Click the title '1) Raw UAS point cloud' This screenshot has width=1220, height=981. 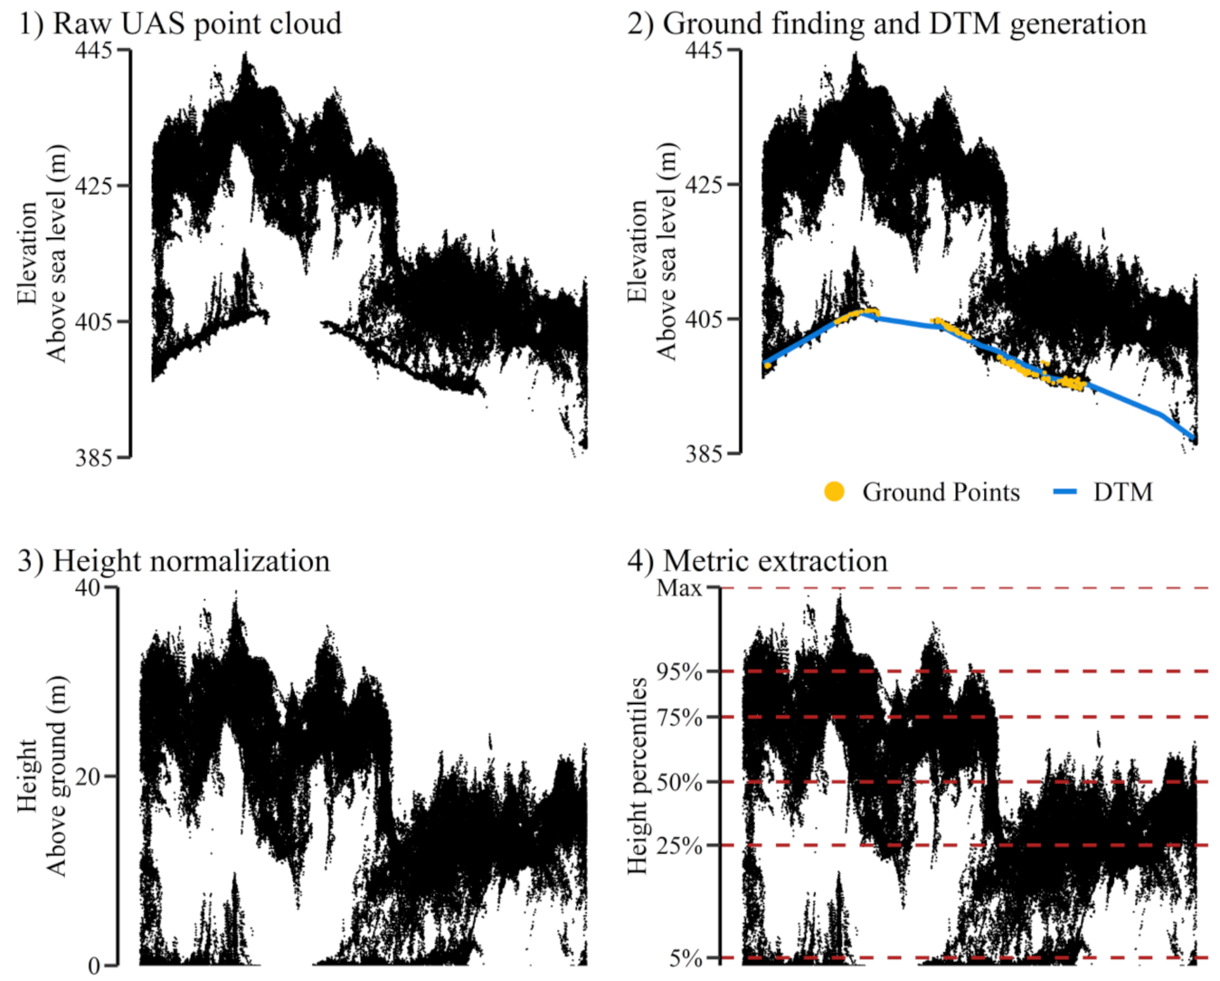pyautogui.click(x=179, y=23)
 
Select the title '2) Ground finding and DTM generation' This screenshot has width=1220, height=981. pyautogui.click(x=886, y=23)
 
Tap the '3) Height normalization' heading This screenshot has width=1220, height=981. pyautogui.click(x=174, y=560)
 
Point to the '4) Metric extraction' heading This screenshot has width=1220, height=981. pyautogui.click(x=757, y=560)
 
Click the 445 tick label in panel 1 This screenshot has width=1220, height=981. pyautogui.click(x=93, y=51)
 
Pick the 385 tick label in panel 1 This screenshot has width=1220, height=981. pyautogui.click(x=93, y=457)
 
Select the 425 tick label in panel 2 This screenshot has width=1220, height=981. pyautogui.click(x=704, y=185)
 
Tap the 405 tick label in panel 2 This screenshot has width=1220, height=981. pyautogui.click(x=704, y=319)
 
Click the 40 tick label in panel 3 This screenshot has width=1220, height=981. pyautogui.click(x=88, y=587)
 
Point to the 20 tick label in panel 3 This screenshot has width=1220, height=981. pyautogui.click(x=88, y=776)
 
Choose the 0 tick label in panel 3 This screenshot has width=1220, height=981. pyautogui.click(x=94, y=966)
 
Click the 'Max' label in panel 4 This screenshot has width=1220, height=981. pyautogui.click(x=679, y=588)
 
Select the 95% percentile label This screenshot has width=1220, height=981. pyautogui.click(x=680, y=671)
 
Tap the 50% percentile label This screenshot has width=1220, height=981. pyautogui.click(x=680, y=782)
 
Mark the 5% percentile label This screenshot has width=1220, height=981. pyautogui.click(x=686, y=957)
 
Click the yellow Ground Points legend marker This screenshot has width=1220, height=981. pyautogui.click(x=834, y=491)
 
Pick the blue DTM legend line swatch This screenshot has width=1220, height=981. pyautogui.click(x=1066, y=491)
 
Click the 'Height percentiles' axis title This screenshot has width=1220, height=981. pyautogui.click(x=638, y=776)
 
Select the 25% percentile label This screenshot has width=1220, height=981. pyautogui.click(x=680, y=846)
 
